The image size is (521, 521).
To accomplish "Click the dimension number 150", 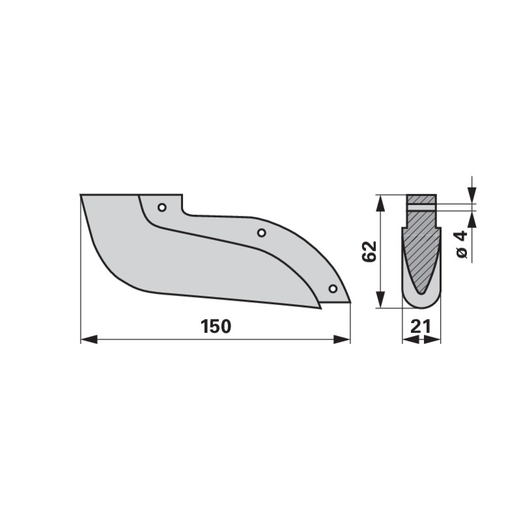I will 216,326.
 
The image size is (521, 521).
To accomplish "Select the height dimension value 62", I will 369,251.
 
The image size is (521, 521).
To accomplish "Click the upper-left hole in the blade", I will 162,208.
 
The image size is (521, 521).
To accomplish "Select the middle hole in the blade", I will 261,232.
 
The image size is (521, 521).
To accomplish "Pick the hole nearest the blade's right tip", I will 333,288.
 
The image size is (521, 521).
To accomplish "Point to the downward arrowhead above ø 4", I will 472,195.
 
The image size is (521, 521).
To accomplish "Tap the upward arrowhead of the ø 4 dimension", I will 472,220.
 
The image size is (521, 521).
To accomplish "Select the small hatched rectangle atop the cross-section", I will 421,199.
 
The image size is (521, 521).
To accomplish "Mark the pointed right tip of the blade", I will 350,302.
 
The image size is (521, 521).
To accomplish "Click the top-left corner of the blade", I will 81,195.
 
